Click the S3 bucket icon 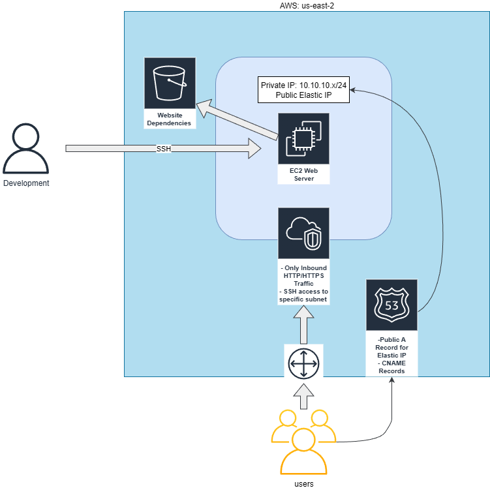pyautogui.click(x=170, y=82)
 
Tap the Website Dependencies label pyautogui.click(x=170, y=119)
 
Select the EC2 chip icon pyautogui.click(x=303, y=138)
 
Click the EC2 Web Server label pyautogui.click(x=303, y=174)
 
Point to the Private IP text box pyautogui.click(x=304, y=90)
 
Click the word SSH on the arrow pyautogui.click(x=164, y=149)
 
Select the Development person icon pyautogui.click(x=26, y=149)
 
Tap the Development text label pyautogui.click(x=26, y=183)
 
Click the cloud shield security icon pyautogui.click(x=303, y=234)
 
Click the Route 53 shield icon pyautogui.click(x=391, y=305)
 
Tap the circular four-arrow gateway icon pyautogui.click(x=303, y=363)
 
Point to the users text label pyautogui.click(x=303, y=483)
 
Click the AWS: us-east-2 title pyautogui.click(x=307, y=5)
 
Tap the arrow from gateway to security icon pyautogui.click(x=303, y=326)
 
